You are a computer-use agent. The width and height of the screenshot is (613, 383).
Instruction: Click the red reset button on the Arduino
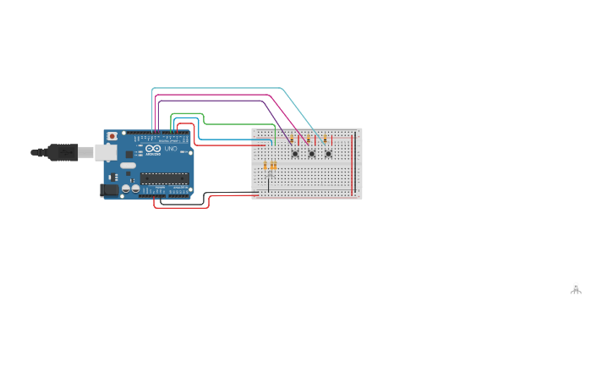click(112, 136)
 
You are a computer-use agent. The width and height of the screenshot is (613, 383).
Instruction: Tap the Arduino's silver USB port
click(105, 152)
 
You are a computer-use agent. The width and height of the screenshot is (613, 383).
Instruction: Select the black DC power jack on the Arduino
click(108, 190)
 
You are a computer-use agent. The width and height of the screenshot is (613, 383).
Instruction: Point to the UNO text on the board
click(171, 150)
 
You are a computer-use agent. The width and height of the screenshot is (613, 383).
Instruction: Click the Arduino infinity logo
click(153, 149)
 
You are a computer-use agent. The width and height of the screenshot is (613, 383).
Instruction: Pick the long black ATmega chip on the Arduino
click(164, 178)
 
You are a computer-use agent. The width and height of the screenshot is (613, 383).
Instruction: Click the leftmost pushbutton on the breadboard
click(295, 153)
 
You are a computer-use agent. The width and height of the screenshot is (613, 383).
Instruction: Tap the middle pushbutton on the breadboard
click(311, 153)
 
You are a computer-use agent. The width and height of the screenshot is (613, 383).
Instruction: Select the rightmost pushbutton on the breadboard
click(328, 153)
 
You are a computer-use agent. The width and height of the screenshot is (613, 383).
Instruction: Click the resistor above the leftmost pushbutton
click(292, 139)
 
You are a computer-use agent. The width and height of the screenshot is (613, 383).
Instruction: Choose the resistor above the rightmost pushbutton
click(325, 139)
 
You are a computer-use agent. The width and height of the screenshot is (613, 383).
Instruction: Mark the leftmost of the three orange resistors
click(265, 166)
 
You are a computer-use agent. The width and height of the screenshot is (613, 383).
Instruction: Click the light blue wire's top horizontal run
click(220, 88)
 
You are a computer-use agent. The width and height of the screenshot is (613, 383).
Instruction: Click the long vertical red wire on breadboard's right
click(353, 161)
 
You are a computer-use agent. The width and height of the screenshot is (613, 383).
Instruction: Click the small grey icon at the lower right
click(576, 288)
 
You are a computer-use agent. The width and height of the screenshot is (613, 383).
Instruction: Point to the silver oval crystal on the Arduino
click(128, 166)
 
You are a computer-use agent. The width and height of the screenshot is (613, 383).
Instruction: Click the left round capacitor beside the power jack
click(125, 189)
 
